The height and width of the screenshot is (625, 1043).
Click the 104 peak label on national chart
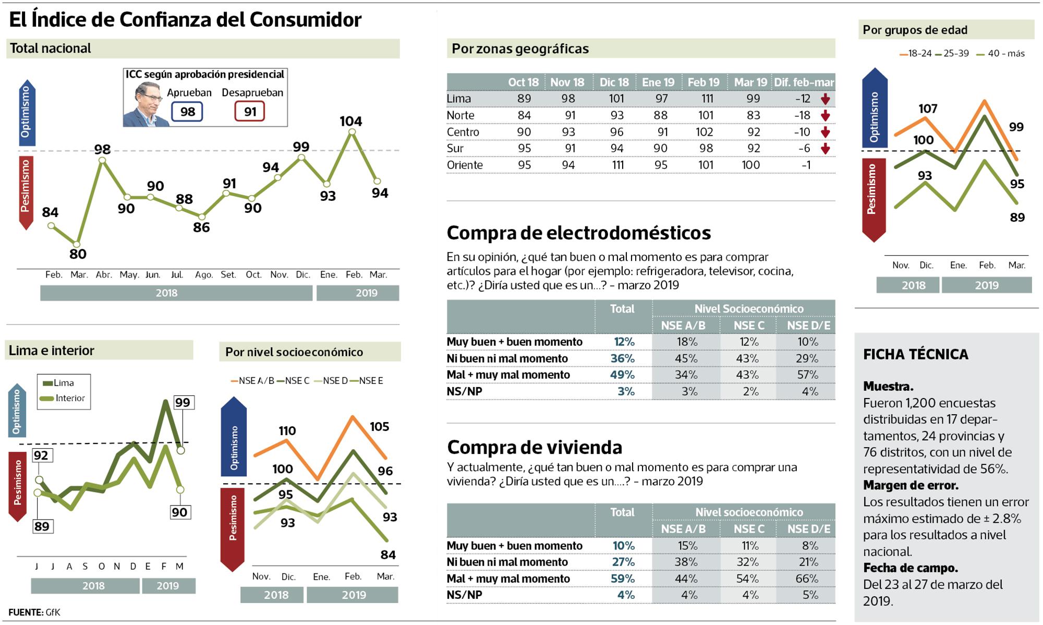[350, 121]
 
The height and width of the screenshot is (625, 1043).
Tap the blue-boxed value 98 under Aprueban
[187, 112]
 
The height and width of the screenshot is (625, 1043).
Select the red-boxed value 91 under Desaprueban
[250, 112]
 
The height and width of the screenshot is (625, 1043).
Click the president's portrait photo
[145, 104]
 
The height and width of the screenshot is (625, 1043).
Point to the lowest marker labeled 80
[77, 244]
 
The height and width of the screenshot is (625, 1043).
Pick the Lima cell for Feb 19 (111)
[706, 99]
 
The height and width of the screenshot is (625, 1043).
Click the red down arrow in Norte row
[825, 115]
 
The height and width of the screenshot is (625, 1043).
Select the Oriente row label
[465, 165]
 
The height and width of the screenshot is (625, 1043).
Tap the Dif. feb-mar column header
[804, 82]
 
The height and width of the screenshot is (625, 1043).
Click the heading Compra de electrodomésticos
[578, 233]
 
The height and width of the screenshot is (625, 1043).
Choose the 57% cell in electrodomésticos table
[807, 375]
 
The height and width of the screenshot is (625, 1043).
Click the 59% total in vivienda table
[623, 579]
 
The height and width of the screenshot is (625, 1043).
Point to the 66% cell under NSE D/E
[807, 579]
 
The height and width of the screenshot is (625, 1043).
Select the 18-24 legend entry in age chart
[916, 53]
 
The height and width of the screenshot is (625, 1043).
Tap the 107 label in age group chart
[928, 109]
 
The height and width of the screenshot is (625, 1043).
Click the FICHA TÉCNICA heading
[915, 354]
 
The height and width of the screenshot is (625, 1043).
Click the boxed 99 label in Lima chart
[183, 402]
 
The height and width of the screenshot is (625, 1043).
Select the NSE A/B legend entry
[252, 380]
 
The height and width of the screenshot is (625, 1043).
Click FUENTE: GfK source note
[34, 612]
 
